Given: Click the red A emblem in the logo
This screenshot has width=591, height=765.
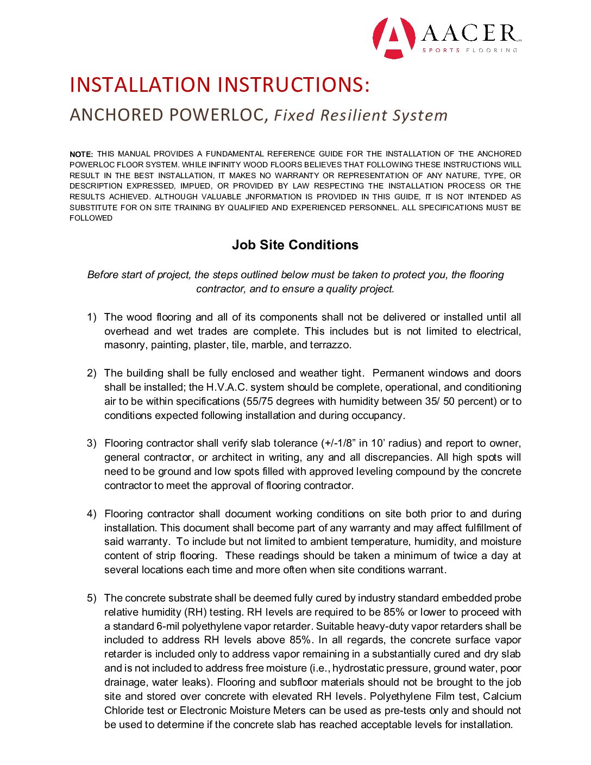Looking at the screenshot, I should point(394,38).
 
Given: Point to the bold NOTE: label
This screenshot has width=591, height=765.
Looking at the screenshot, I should point(81,154).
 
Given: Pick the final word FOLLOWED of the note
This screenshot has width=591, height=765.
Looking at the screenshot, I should point(91,218).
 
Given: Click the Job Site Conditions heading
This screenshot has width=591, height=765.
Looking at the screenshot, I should point(295,245).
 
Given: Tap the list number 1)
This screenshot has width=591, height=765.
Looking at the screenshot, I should point(92,317).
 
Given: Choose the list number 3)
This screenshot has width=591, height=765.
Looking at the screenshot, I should point(92,443).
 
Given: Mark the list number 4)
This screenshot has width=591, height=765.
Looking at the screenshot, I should point(92,514).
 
